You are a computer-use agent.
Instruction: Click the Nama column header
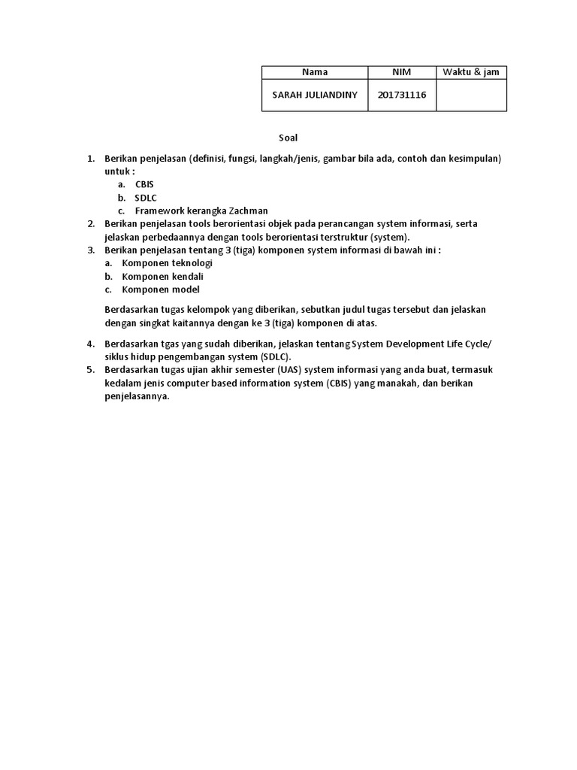click(314, 72)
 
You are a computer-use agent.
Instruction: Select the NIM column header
click(402, 72)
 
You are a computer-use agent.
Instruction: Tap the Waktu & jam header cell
click(471, 72)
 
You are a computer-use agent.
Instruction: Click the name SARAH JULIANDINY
click(314, 95)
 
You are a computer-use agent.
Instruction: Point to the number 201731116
click(402, 95)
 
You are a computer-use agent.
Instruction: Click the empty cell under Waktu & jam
click(471, 95)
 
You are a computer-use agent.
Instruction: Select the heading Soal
click(288, 138)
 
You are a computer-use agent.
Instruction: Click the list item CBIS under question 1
click(144, 184)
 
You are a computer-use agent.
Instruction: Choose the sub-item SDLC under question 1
click(145, 198)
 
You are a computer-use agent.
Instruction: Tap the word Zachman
click(248, 211)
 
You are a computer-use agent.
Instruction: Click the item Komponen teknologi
click(168, 263)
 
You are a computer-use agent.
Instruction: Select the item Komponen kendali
click(163, 276)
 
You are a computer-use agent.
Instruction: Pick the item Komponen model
click(161, 290)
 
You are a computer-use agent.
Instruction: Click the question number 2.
click(90, 224)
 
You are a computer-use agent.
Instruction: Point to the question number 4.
click(90, 344)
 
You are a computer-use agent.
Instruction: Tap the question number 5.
click(90, 370)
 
